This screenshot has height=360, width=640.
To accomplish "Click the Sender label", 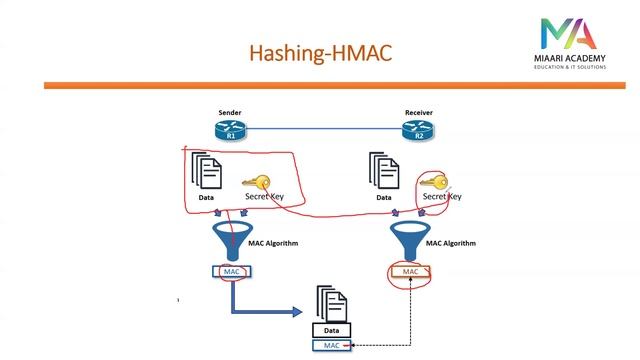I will pos(229,112).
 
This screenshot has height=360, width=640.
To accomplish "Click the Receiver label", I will pos(418,112).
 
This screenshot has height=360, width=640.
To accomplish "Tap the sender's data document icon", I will pos(206,172).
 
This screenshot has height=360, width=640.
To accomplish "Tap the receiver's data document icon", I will pos(383,172).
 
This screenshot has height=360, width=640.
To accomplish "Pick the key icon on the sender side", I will pos(257,183).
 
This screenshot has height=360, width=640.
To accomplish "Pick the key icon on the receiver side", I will pos(434,183).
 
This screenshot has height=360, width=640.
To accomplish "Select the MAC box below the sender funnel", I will pos(231,271).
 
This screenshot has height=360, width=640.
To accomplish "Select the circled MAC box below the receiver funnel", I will pos(410,271).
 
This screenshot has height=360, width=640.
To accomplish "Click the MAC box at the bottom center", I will pos(331,345).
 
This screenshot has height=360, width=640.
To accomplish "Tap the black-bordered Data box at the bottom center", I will pos(331,330).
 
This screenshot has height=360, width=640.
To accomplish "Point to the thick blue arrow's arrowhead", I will pos(296,311).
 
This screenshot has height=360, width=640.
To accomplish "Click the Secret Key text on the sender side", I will pos(264,197).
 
